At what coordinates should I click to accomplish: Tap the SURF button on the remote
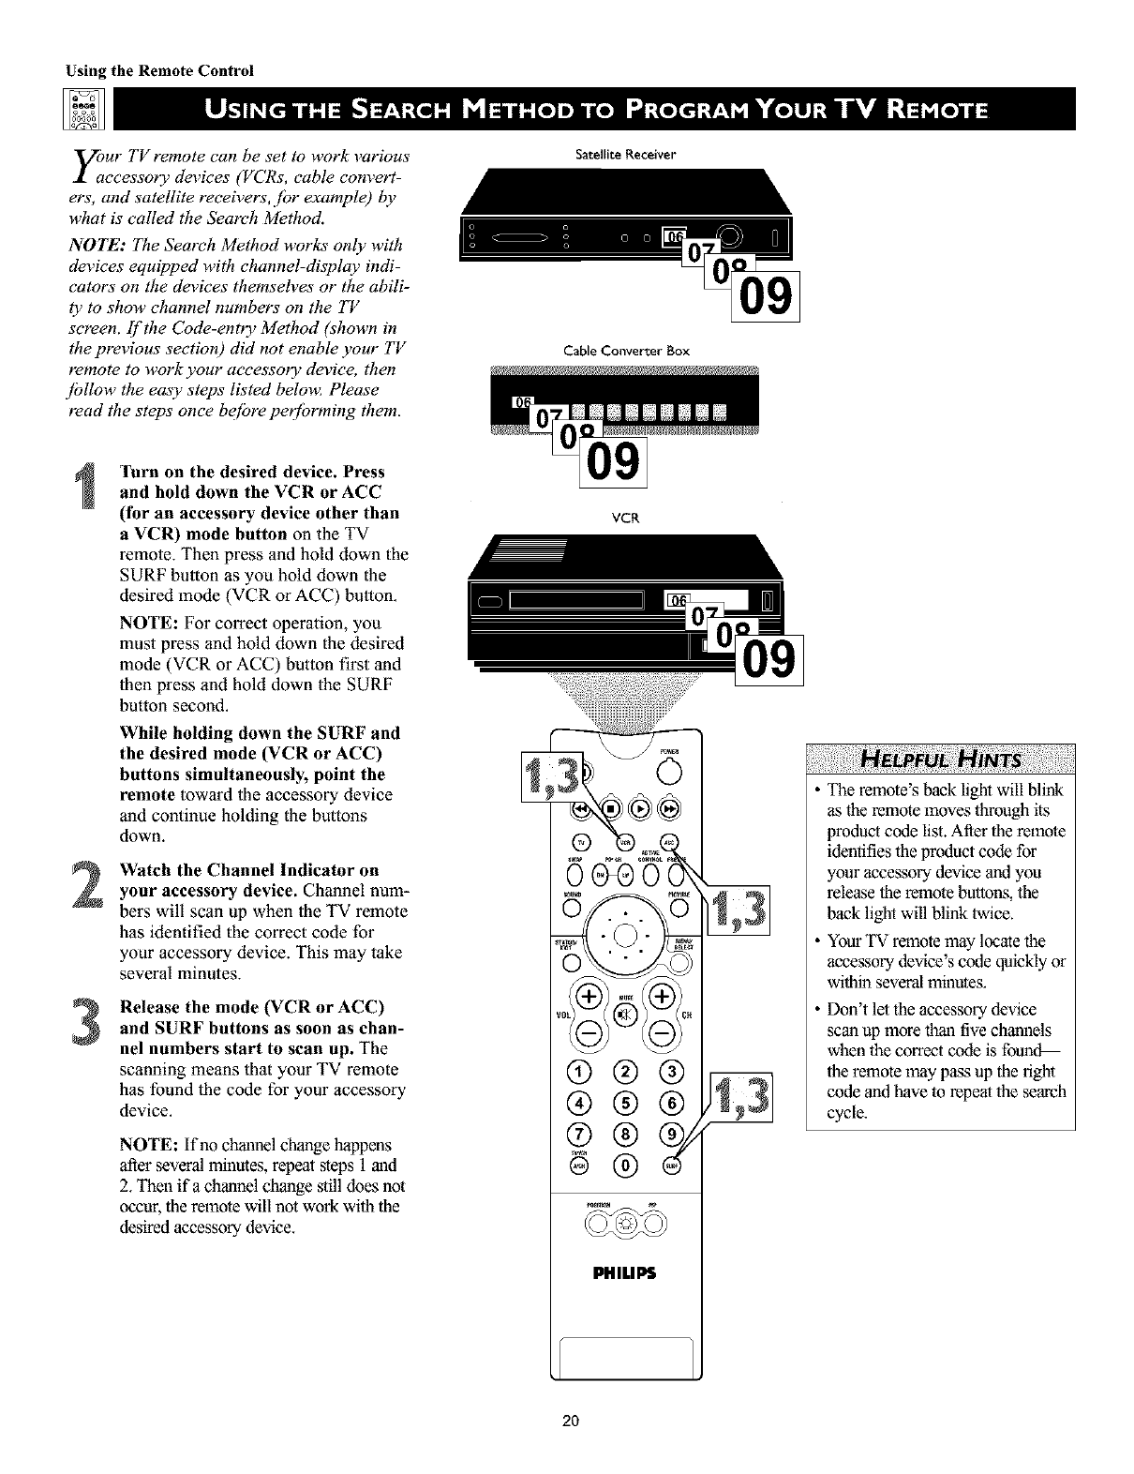(672, 1166)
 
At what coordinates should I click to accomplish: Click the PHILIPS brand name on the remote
(626, 1273)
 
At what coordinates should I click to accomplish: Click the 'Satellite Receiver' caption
(626, 153)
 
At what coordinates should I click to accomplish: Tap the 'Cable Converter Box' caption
(626, 351)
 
